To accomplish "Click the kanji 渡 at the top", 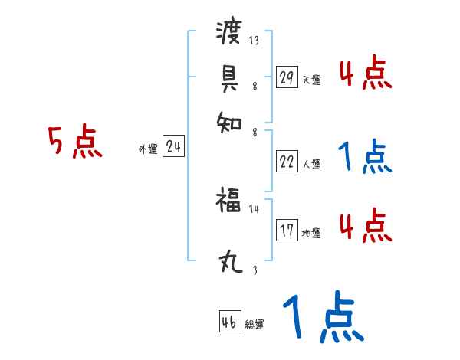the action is click(229, 33).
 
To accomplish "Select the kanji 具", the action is click(229, 77).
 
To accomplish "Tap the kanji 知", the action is click(229, 121).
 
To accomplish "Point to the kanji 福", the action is click(228, 202).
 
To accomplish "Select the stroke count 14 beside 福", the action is click(255, 208).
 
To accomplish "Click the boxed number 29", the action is click(286, 77).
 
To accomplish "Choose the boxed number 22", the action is click(287, 161).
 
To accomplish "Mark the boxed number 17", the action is click(287, 231).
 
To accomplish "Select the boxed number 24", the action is click(173, 147).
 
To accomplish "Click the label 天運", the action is click(311, 80).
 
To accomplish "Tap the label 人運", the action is click(311, 164).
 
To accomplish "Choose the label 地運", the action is click(311, 234).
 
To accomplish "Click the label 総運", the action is click(255, 325).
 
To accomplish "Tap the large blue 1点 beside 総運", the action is click(323, 317).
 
